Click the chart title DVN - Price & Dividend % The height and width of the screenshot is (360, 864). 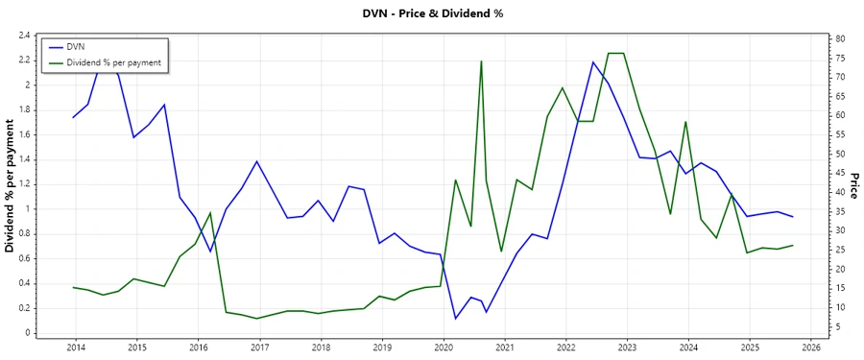coord(431,13)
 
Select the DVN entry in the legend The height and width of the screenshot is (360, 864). coord(76,46)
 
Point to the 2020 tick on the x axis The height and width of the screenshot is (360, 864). coord(444,347)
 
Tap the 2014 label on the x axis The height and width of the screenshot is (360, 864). coord(76,347)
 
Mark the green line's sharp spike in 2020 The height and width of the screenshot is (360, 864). coord(481,61)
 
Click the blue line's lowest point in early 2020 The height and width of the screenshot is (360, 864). coord(455,318)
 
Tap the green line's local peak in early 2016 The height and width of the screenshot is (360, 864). coord(210,213)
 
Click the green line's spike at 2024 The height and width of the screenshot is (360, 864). coord(685,122)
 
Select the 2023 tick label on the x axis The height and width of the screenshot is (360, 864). coord(627,347)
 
